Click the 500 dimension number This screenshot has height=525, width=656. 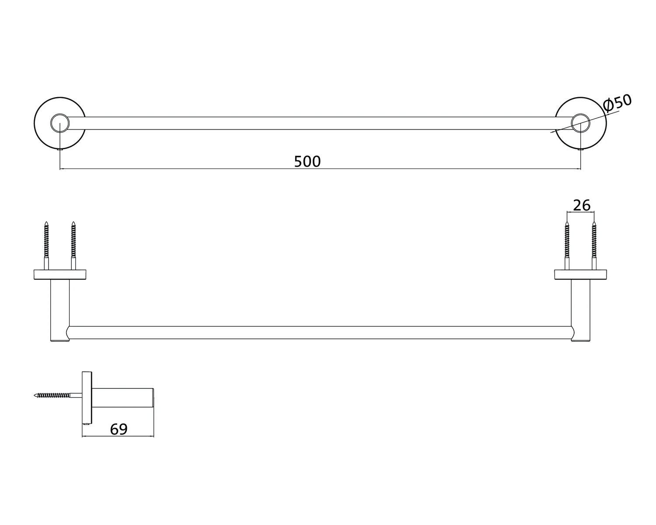click(307, 161)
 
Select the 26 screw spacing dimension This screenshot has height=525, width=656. click(582, 205)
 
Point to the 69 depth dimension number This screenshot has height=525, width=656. click(119, 429)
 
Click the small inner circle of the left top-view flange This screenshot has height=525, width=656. click(59, 123)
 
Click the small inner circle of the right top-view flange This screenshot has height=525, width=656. click(580, 123)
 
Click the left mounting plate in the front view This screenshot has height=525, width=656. click(60, 275)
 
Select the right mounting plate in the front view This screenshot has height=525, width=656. click(581, 275)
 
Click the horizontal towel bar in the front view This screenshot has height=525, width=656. click(319, 333)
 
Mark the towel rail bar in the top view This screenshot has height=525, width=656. click(319, 123)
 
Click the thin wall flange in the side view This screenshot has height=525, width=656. click(87, 397)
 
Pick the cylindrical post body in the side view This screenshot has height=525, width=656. click(122, 397)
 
